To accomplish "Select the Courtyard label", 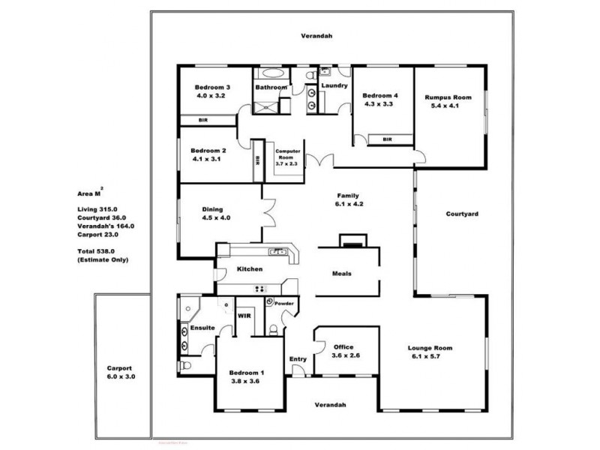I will point(462,214).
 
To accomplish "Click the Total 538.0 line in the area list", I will point(97,251).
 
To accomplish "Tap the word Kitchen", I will point(249,268).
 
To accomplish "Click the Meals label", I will point(342,273).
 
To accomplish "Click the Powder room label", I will point(284,304).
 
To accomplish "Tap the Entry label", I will point(298,358).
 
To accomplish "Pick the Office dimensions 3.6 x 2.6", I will point(346,355).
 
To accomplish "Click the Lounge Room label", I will point(430,348).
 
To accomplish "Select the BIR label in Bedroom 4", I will point(388,139).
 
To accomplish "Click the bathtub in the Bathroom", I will point(270,74).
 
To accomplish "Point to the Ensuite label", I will point(203,328).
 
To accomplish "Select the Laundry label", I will point(334,85).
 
